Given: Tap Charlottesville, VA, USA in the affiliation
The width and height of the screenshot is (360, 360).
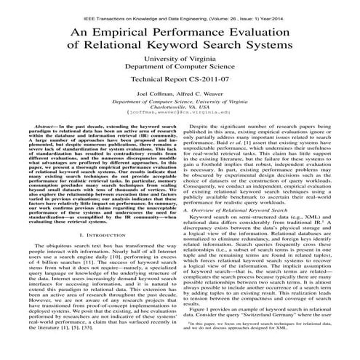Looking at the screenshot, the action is pos(180,127).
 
